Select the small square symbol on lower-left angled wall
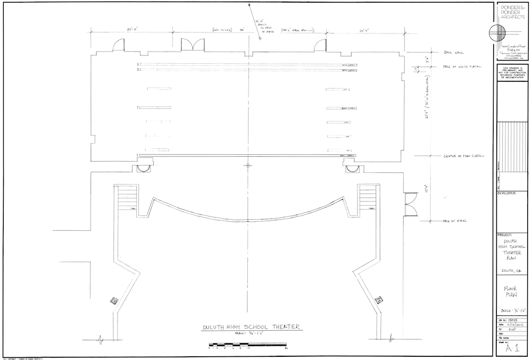click(x=113, y=300)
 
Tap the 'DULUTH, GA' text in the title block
click(x=511, y=271)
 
